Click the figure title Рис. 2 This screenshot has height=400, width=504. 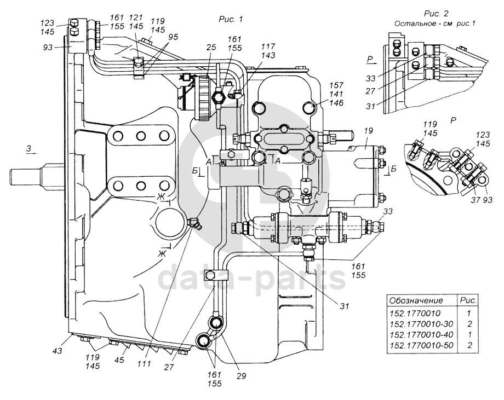click(x=437, y=13)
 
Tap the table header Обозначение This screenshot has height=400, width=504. click(x=415, y=301)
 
